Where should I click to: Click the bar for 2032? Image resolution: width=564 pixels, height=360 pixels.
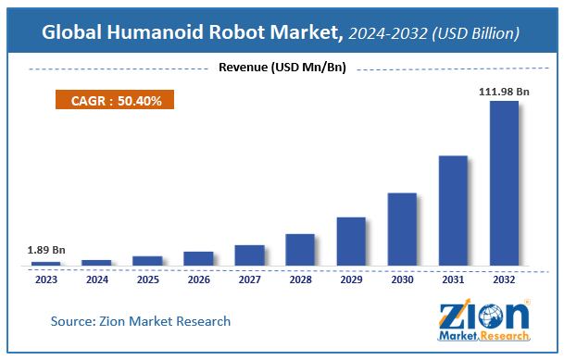[x=503, y=183]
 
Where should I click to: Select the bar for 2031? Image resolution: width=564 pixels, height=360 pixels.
[x=452, y=210]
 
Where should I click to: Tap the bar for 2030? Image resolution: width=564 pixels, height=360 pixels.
[x=401, y=229]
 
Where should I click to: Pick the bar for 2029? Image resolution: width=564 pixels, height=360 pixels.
[x=350, y=242]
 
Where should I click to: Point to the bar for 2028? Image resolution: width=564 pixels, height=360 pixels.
[x=300, y=250]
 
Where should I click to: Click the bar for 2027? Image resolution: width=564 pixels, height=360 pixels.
[x=249, y=255]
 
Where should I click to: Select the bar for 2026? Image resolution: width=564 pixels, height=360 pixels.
[x=198, y=258]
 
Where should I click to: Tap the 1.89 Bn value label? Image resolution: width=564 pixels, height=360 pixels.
[x=46, y=250]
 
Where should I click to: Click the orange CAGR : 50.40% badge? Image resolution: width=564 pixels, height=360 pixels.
[x=111, y=101]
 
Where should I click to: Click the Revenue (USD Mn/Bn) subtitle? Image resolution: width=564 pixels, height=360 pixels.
[x=282, y=67]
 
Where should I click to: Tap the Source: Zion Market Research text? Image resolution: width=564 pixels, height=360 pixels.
[x=141, y=320]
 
